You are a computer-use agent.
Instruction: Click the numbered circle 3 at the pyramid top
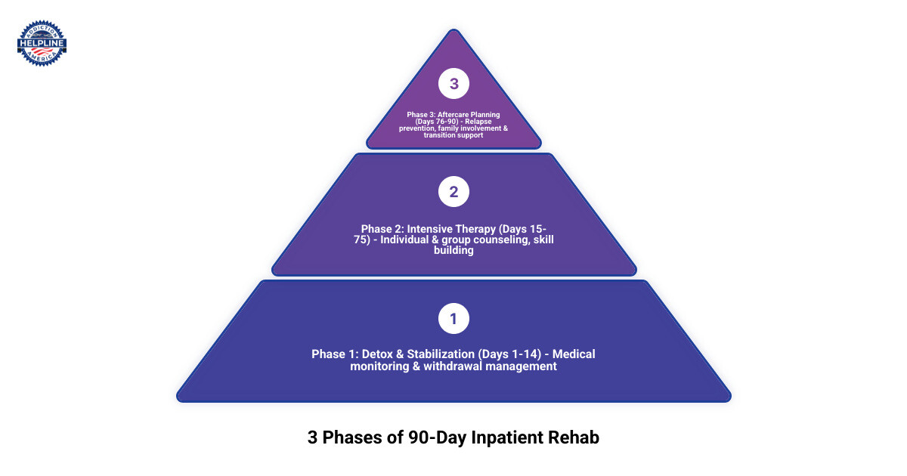pyautogui.click(x=453, y=84)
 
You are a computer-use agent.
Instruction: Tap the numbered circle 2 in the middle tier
pyautogui.click(x=453, y=192)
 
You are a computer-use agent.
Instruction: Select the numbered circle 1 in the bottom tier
pyautogui.click(x=453, y=319)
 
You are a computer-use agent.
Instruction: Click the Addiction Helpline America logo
pyautogui.click(x=42, y=43)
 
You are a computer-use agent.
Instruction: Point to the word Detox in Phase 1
pyautogui.click(x=380, y=354)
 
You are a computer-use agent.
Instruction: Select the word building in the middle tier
pyautogui.click(x=453, y=251)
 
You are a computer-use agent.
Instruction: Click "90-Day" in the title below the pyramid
pyautogui.click(x=436, y=437)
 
